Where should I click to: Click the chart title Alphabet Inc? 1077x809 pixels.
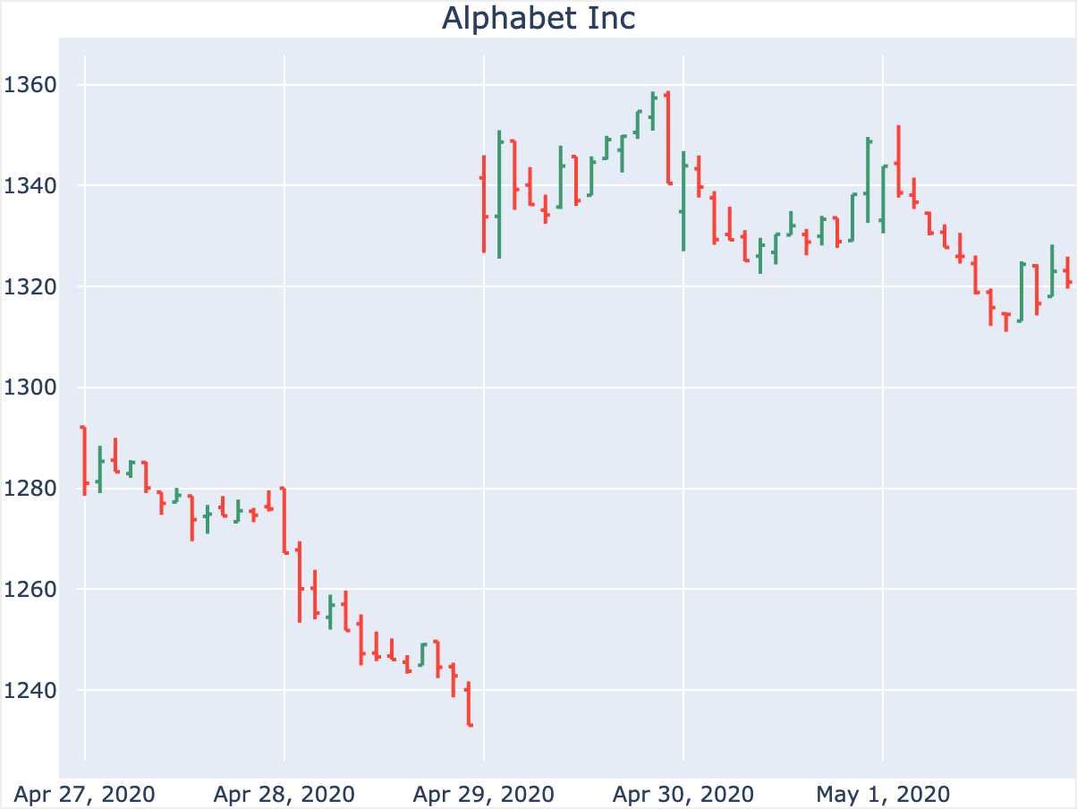tap(538, 19)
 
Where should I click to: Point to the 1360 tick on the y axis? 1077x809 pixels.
tap(30, 86)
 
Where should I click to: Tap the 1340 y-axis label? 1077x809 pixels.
tap(30, 186)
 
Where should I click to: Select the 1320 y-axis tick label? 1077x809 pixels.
tap(30, 287)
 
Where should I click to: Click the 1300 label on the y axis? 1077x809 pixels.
tap(30, 388)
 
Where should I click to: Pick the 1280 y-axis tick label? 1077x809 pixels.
tap(30, 490)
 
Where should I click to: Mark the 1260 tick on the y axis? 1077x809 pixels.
tap(30, 591)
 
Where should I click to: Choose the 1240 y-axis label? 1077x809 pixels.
tap(30, 691)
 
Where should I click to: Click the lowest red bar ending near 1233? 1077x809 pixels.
tap(468, 704)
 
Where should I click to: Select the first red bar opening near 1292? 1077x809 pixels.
tap(84, 460)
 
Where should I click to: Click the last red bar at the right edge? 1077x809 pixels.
tap(1068, 273)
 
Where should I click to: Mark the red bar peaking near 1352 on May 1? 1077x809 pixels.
tap(898, 161)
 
